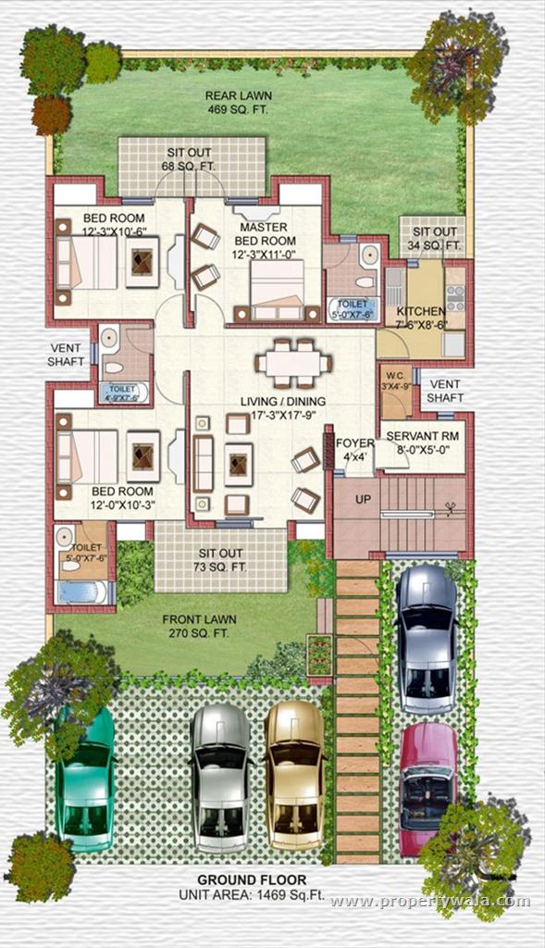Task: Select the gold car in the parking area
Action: [x=295, y=774]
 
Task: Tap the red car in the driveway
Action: [x=427, y=787]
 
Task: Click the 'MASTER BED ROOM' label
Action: [x=263, y=233]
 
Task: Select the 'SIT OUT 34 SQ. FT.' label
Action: [x=435, y=239]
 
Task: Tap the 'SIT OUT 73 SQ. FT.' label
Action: [x=219, y=560]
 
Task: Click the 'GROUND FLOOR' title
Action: [x=252, y=880]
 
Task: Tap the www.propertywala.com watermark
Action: [x=430, y=901]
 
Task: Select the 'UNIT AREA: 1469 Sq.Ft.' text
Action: [x=251, y=895]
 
